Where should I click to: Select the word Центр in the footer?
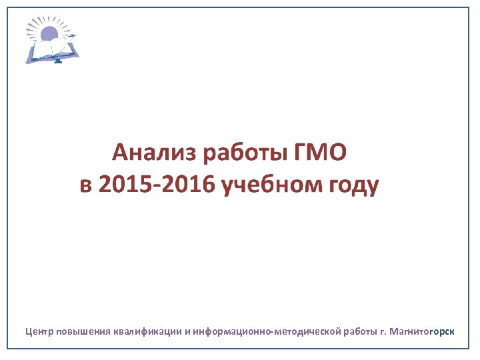(39, 331)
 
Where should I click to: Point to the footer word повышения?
(83, 331)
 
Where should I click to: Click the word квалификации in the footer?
(148, 331)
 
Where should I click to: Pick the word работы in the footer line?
(360, 331)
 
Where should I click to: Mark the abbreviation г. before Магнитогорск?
(383, 331)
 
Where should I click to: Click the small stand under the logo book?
(57, 61)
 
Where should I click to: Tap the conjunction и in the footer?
(187, 331)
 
